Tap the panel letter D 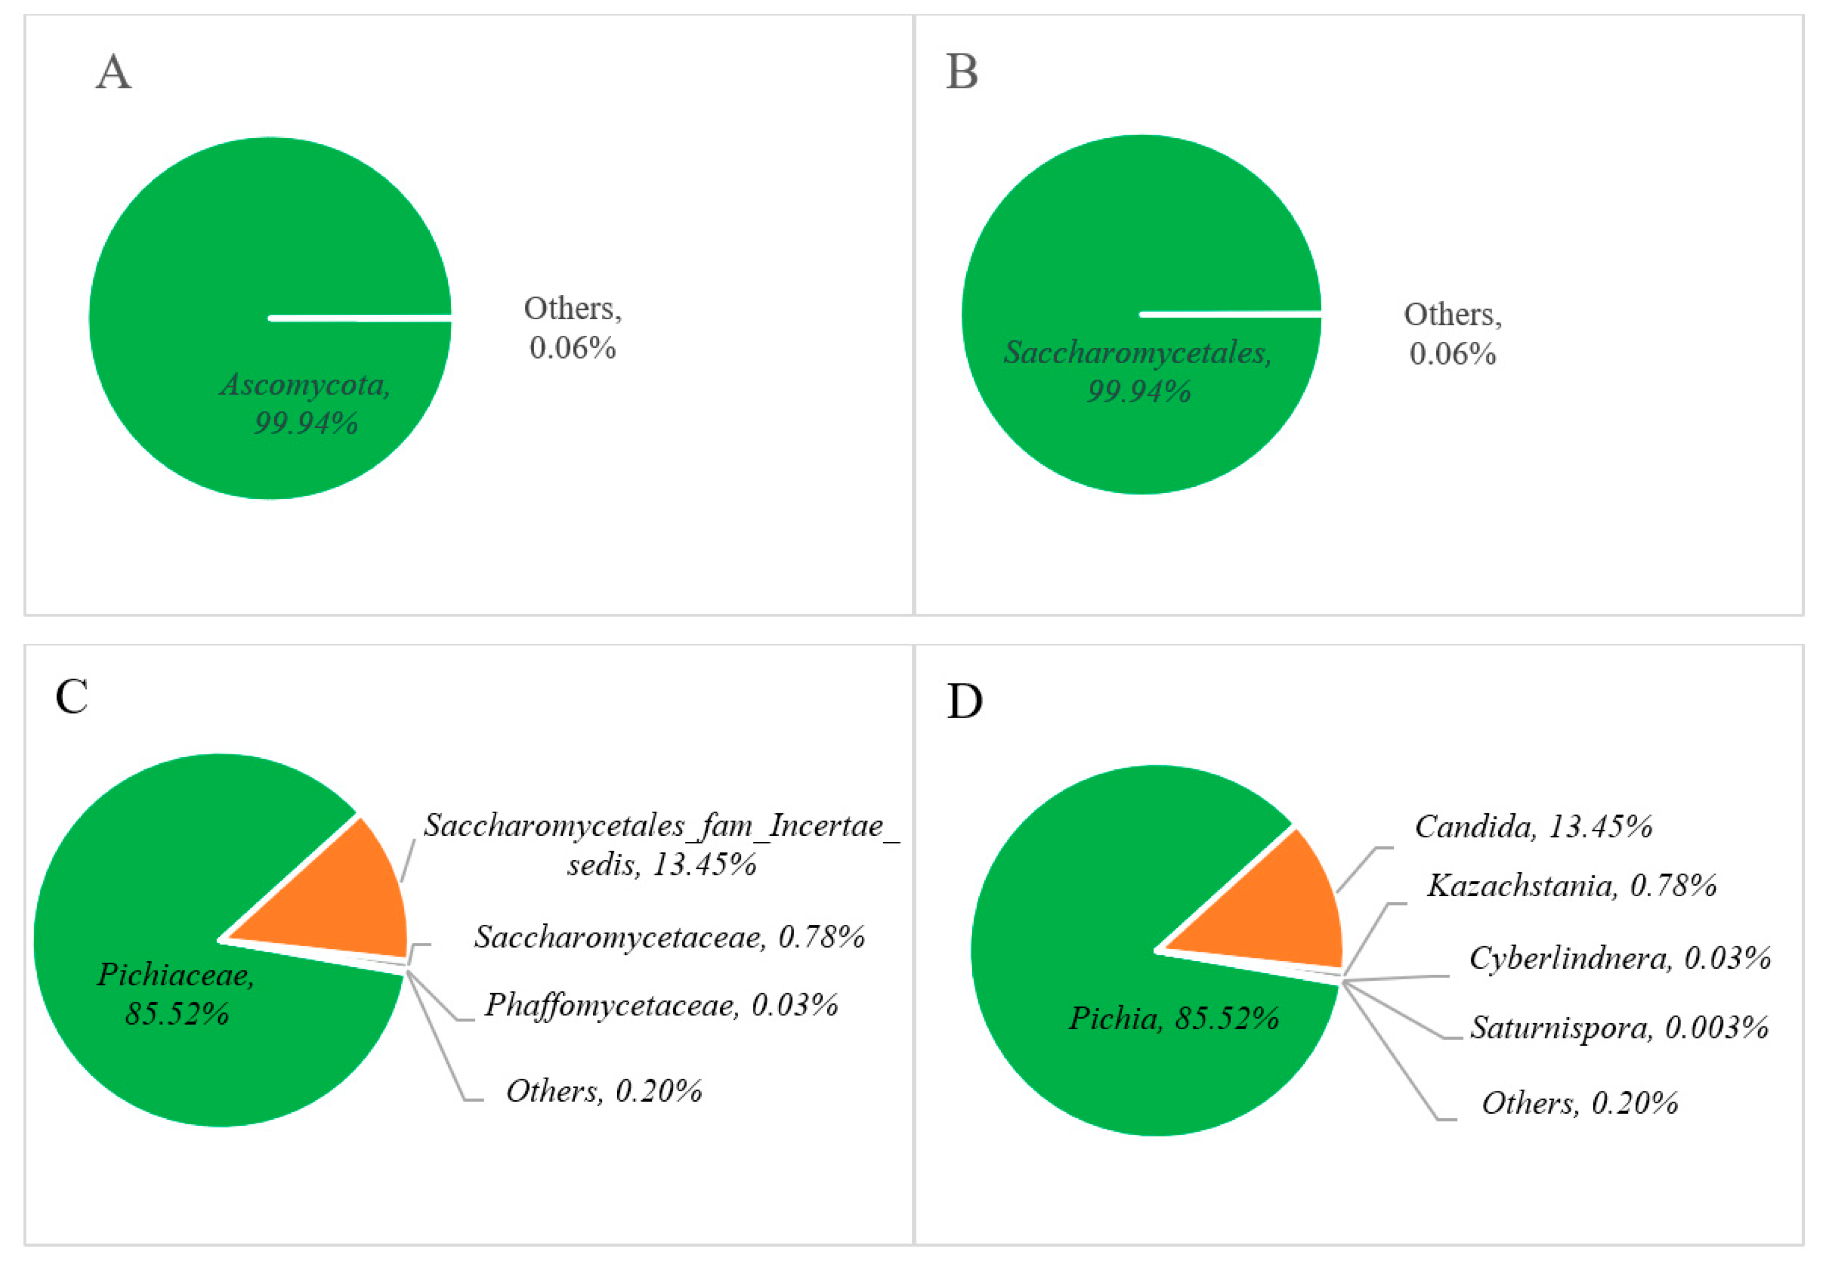click(965, 702)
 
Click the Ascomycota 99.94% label click(306, 403)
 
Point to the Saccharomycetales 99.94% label click(1138, 371)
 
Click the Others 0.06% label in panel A click(573, 328)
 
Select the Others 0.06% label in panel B click(1452, 334)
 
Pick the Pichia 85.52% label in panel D click(1173, 1018)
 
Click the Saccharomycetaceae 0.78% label click(669, 937)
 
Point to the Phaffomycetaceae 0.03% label click(661, 1005)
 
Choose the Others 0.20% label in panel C click(604, 1091)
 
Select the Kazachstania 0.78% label click(1571, 885)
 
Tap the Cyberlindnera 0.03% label click(1620, 958)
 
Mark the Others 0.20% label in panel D click(1580, 1103)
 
